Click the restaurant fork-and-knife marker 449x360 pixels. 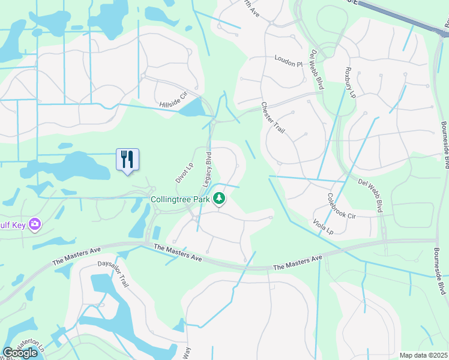(127, 160)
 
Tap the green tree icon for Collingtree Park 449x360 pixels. (220, 198)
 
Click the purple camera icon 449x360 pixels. (35, 224)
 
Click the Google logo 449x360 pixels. (20, 353)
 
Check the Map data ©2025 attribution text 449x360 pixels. (423, 355)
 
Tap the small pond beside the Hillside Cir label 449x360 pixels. (191, 108)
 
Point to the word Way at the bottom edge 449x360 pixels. (186, 351)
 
